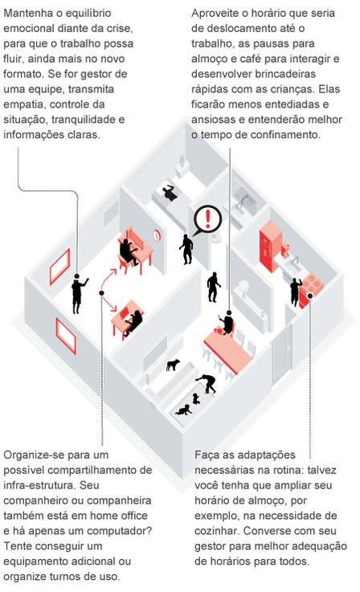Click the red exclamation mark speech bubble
click(x=207, y=219)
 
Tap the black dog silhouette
click(x=173, y=365)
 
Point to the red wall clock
click(x=157, y=235)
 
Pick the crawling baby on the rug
click(x=184, y=410)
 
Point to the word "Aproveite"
click(x=215, y=13)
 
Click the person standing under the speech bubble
click(x=186, y=249)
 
